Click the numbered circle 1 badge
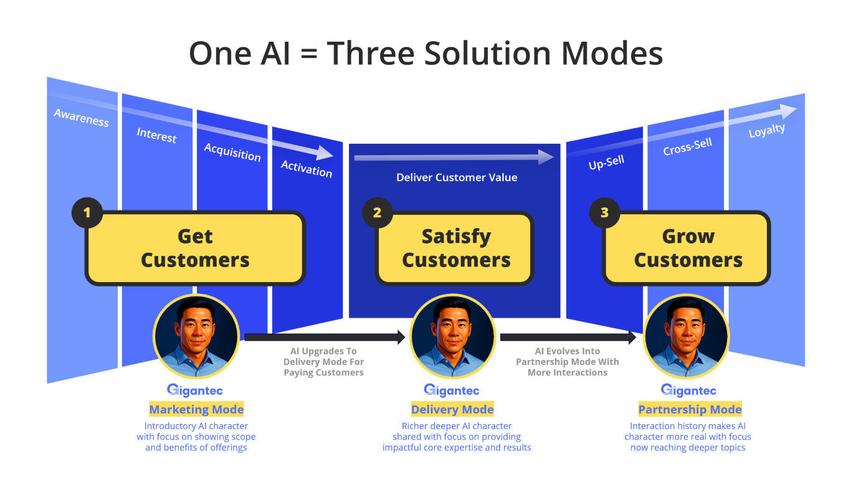click(x=87, y=213)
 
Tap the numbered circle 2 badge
click(x=378, y=213)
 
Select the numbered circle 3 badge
click(x=604, y=213)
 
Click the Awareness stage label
click(x=82, y=118)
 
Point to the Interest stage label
click(x=156, y=135)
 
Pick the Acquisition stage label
click(x=232, y=153)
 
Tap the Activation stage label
click(x=307, y=169)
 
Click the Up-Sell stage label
click(x=606, y=163)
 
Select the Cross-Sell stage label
click(x=688, y=146)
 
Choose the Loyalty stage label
click(x=767, y=131)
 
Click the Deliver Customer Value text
click(x=457, y=177)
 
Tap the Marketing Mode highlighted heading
click(x=196, y=409)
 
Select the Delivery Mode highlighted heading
click(x=452, y=409)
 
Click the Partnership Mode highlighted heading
click(x=690, y=409)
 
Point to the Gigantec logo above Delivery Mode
click(x=451, y=390)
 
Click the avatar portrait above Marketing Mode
click(x=196, y=336)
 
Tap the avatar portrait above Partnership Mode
click(x=686, y=336)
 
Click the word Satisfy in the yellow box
click(x=456, y=237)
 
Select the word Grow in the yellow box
click(x=688, y=236)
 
